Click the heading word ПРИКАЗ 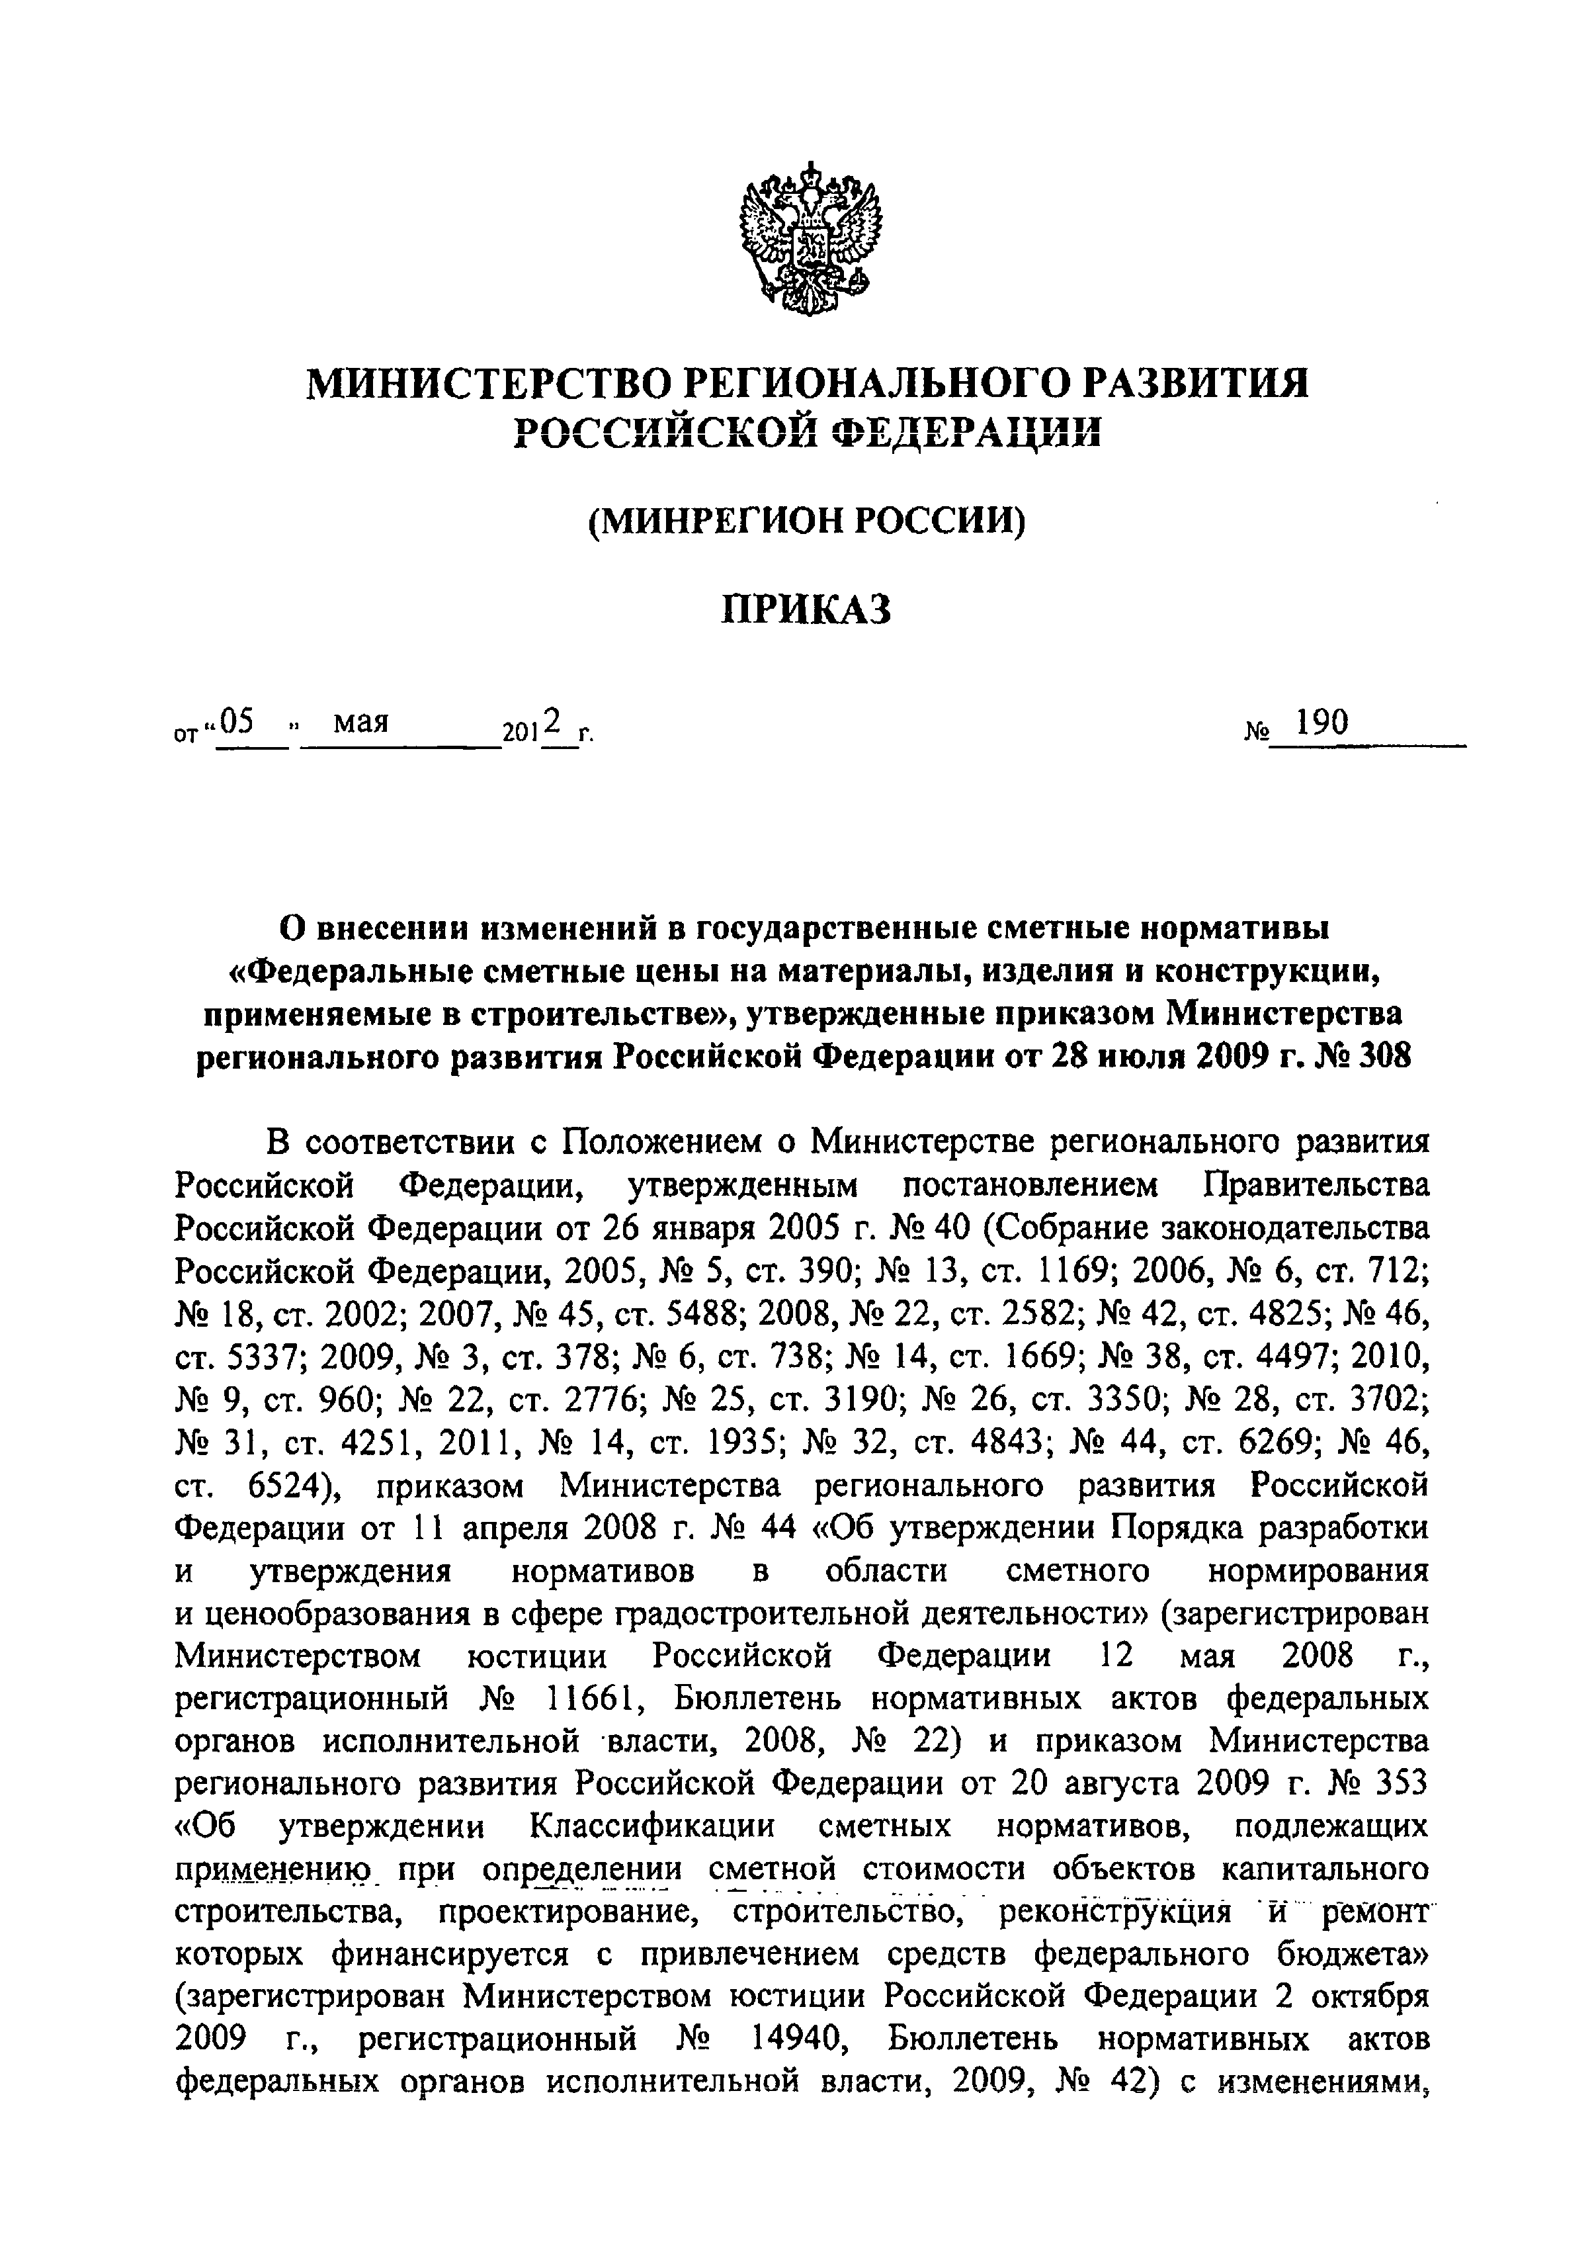click(x=806, y=609)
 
